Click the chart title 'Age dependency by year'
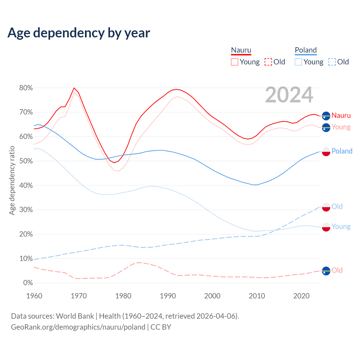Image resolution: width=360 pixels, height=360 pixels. pyautogui.click(x=79, y=33)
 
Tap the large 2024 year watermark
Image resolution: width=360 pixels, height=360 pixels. pyautogui.click(x=289, y=95)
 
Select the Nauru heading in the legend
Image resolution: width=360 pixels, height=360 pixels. pyautogui.click(x=241, y=50)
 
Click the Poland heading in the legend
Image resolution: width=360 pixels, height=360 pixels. pyautogui.click(x=306, y=50)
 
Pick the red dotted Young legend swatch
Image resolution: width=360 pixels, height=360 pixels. pyautogui.click(x=234, y=62)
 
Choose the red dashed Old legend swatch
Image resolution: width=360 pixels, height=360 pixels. pyautogui.click(x=268, y=62)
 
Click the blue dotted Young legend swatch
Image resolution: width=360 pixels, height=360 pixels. pyautogui.click(x=298, y=62)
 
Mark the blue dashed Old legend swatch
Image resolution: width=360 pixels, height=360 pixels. pyautogui.click(x=332, y=62)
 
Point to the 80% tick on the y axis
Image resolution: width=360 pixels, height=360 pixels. pyautogui.click(x=26, y=88)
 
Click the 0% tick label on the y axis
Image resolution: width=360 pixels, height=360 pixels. pyautogui.click(x=28, y=283)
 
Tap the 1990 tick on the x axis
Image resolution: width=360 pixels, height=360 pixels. pyautogui.click(x=168, y=296)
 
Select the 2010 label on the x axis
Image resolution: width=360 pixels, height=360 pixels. pyautogui.click(x=257, y=296)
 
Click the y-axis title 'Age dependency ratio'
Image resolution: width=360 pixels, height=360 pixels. pyautogui.click(x=12, y=180)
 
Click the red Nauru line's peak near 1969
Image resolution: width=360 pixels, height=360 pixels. pyautogui.click(x=74, y=88)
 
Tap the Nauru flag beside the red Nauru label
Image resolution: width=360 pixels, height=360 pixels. pyautogui.click(x=326, y=116)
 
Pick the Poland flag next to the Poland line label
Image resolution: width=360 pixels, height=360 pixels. pyautogui.click(x=326, y=152)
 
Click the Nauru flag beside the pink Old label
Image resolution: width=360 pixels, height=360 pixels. pyautogui.click(x=326, y=271)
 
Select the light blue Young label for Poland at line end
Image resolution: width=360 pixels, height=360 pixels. pyautogui.click(x=341, y=227)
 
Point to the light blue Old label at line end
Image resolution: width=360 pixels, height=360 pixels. pyautogui.click(x=337, y=207)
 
